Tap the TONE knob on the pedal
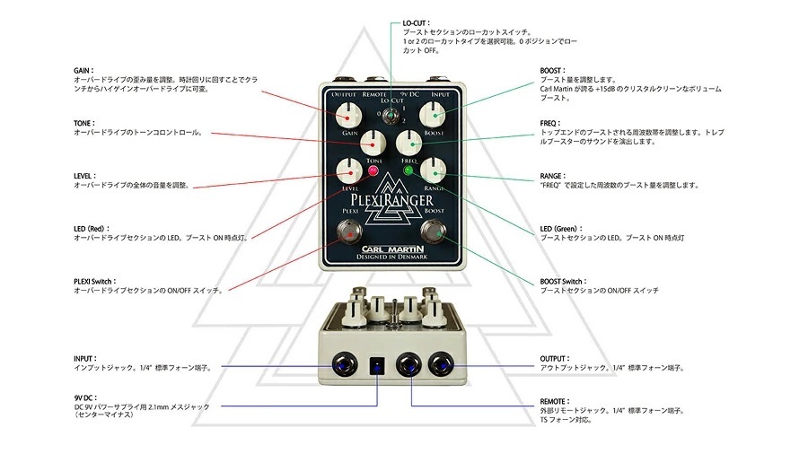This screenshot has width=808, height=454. (x=373, y=143)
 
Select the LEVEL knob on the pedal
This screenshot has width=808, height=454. (x=349, y=171)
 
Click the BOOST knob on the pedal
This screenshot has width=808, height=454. (x=433, y=114)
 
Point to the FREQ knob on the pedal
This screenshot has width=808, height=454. (x=409, y=143)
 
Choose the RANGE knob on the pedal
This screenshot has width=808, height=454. (x=433, y=171)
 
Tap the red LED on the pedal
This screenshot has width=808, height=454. (x=373, y=171)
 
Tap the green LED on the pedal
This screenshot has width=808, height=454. (x=408, y=170)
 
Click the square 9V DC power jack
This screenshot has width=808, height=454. (x=378, y=365)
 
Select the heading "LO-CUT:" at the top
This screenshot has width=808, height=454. (x=417, y=23)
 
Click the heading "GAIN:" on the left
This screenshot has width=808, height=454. (x=83, y=71)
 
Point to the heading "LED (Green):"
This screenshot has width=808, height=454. (x=561, y=229)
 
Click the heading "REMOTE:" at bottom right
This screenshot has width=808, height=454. (x=555, y=401)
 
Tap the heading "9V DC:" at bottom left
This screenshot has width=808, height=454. (x=85, y=397)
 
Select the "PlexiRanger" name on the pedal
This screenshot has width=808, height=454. (x=391, y=199)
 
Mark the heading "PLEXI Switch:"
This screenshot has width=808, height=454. (x=95, y=282)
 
